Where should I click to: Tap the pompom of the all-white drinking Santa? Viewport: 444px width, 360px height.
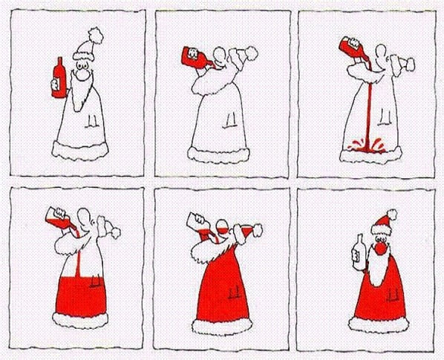(252, 53)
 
